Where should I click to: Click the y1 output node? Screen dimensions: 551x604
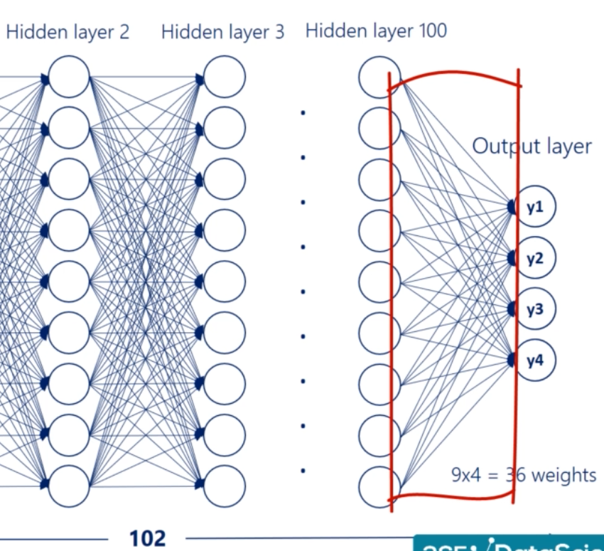[535, 207]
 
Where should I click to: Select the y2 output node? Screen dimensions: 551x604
[535, 258]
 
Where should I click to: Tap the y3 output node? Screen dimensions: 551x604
[535, 309]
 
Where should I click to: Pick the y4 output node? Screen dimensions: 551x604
[535, 360]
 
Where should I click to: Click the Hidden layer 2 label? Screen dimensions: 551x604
[68, 33]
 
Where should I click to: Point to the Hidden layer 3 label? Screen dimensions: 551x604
[222, 33]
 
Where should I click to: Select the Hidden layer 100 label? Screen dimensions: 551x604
[376, 31]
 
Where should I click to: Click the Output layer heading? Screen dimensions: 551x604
[532, 146]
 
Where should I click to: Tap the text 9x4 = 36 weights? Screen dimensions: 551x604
[524, 474]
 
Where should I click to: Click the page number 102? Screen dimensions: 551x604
[147, 538]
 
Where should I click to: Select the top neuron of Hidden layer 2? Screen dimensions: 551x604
[69, 76]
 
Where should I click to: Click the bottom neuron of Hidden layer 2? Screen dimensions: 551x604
[69, 486]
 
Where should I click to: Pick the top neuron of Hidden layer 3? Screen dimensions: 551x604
[224, 76]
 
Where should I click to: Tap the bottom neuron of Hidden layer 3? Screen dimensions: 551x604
[224, 486]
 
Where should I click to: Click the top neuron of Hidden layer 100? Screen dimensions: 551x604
[379, 76]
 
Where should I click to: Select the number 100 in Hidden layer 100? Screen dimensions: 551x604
[428, 31]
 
